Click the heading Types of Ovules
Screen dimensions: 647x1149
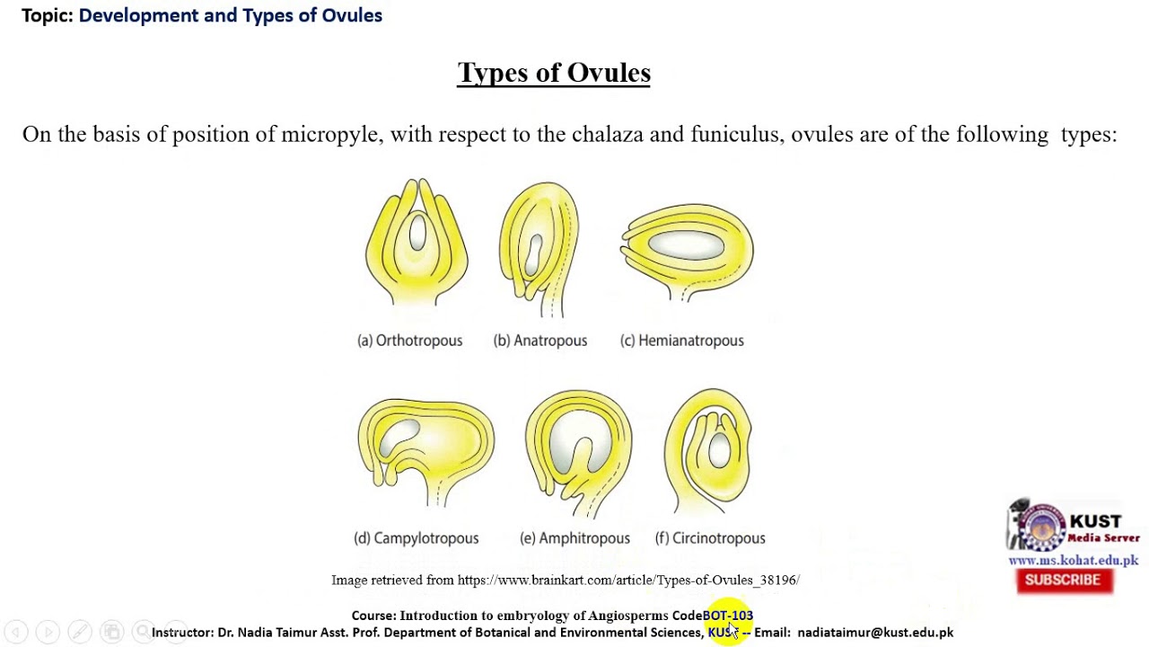554,73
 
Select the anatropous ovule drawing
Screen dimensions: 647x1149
539,247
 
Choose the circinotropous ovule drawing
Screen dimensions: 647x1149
709,449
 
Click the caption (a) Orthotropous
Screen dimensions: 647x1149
410,341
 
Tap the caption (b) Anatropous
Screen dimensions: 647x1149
540,341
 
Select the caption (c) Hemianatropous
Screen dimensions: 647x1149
682,341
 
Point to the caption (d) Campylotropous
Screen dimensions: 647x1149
417,538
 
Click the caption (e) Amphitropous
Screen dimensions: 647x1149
574,538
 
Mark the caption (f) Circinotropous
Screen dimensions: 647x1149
710,538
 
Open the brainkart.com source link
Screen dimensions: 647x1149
627,581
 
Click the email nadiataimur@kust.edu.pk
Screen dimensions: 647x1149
875,633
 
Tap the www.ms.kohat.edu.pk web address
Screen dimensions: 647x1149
1073,561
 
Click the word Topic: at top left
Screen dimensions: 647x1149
48,15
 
